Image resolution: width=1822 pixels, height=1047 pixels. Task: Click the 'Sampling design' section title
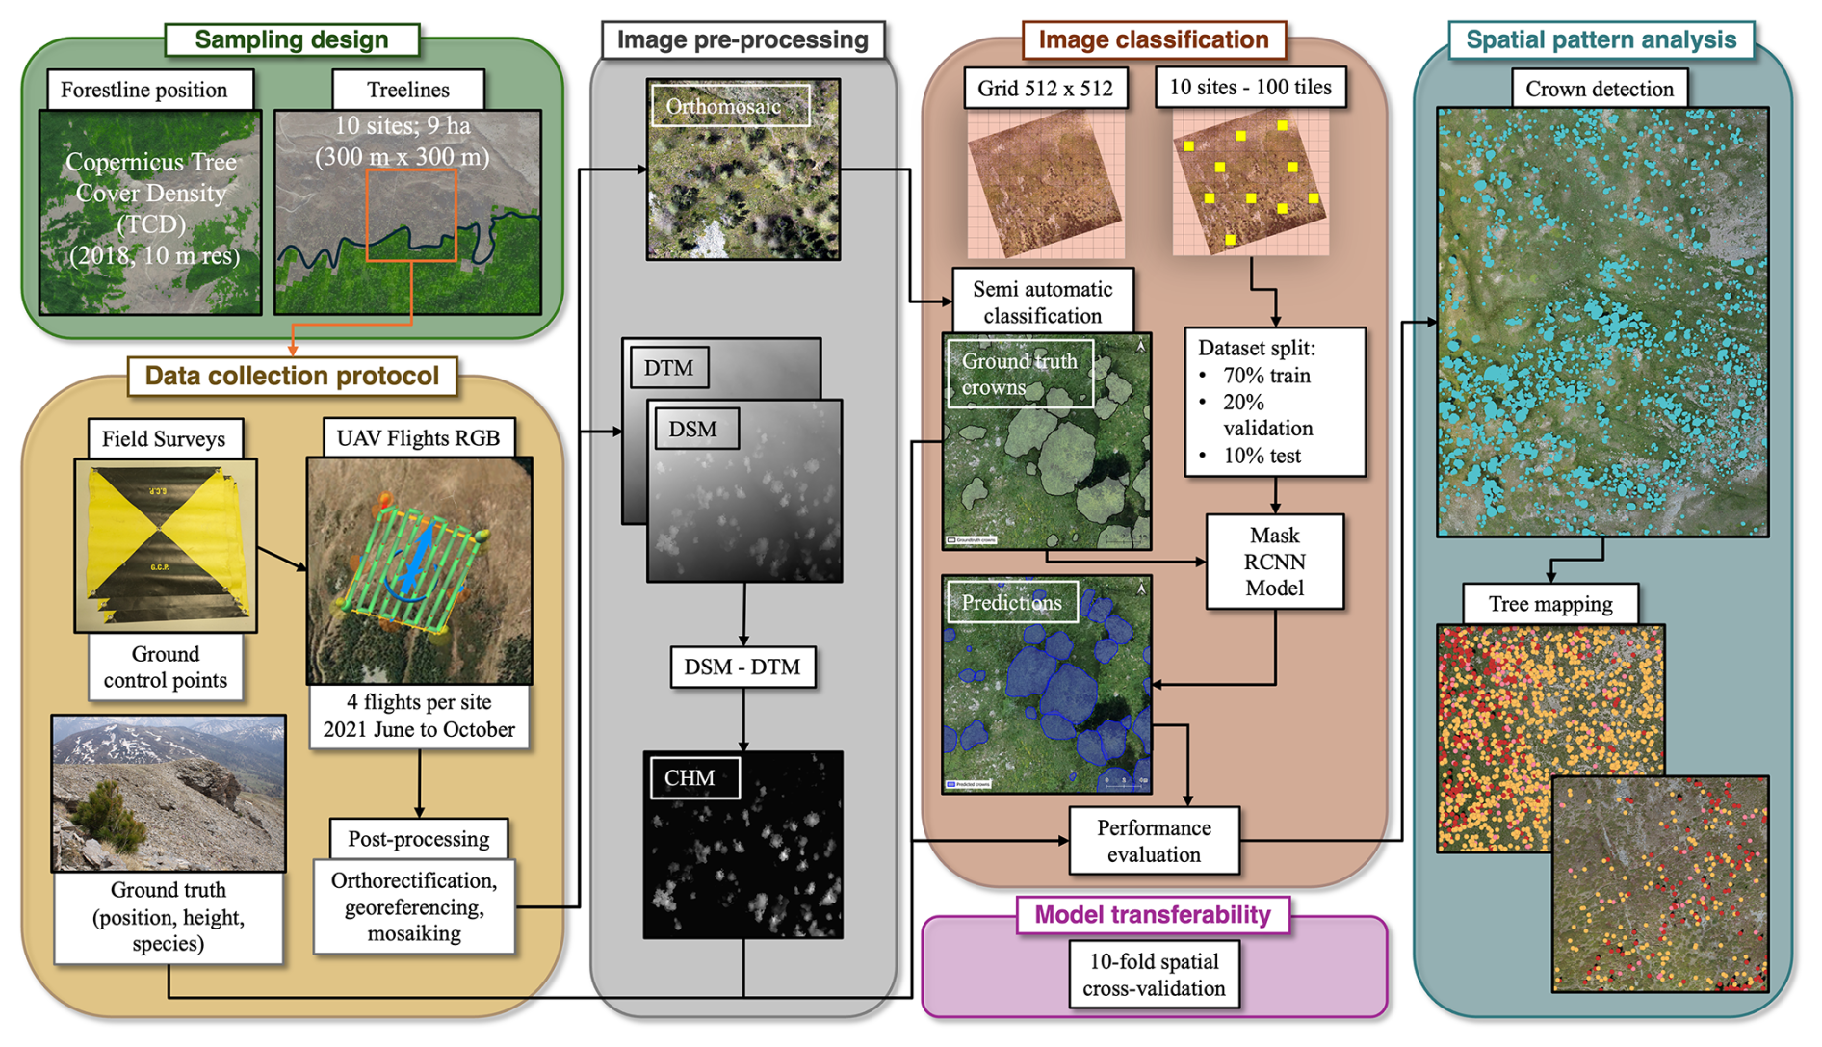(x=291, y=39)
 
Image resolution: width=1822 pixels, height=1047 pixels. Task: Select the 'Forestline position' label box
(x=144, y=90)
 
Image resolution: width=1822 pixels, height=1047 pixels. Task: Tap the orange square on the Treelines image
(x=411, y=216)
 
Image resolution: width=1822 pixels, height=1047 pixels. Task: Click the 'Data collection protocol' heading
(x=292, y=376)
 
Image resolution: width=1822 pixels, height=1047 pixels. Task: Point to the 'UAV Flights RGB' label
(x=418, y=438)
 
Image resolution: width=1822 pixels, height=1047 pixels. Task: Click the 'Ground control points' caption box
(x=166, y=667)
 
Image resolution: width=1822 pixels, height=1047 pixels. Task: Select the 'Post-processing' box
(x=419, y=839)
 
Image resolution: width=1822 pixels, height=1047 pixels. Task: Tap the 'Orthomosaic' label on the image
(x=724, y=107)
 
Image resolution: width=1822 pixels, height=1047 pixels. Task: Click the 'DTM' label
(x=668, y=368)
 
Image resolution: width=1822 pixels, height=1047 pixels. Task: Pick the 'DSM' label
(x=693, y=429)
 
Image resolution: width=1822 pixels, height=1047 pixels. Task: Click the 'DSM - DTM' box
(x=742, y=667)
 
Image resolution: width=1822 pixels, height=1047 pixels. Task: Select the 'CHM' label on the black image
(x=690, y=778)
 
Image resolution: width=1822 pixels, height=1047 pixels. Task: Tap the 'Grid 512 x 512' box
(x=1045, y=89)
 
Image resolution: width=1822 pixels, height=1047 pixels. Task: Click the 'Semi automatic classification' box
(x=1042, y=301)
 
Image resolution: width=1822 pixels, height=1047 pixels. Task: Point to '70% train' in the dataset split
(x=1266, y=376)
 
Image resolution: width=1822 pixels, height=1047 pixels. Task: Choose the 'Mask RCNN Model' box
(x=1274, y=562)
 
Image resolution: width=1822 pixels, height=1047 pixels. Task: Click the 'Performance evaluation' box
(x=1154, y=841)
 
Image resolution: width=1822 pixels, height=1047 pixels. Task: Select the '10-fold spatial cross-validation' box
(x=1154, y=975)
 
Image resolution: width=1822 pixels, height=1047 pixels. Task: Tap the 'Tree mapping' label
(x=1550, y=604)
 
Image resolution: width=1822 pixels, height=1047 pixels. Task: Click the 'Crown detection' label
(x=1600, y=89)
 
